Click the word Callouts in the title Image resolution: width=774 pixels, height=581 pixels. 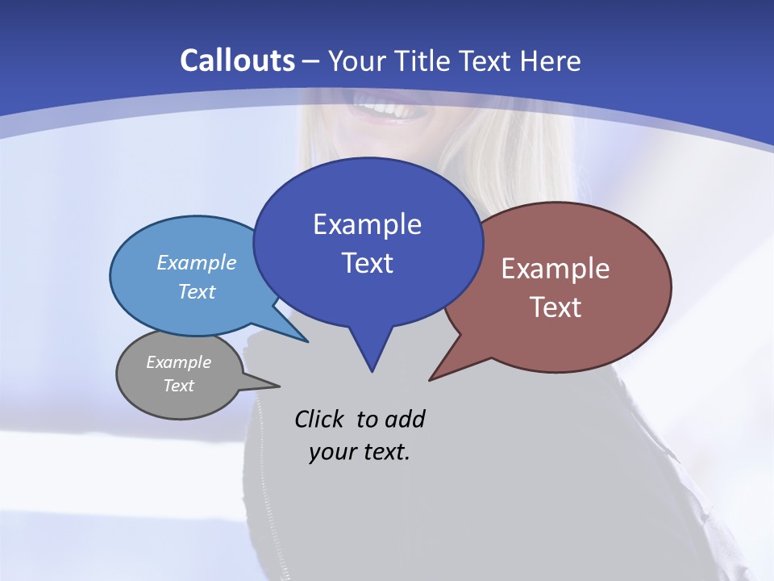pyautogui.click(x=237, y=61)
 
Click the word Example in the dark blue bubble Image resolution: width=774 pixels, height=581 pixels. pyautogui.click(x=367, y=224)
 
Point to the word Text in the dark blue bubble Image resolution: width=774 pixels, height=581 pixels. pyautogui.click(x=367, y=263)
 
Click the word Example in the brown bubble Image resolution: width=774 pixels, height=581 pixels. pyautogui.click(x=556, y=269)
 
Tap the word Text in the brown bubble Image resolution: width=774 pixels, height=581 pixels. pyautogui.click(x=556, y=307)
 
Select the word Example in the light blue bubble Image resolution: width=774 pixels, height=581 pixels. pyautogui.click(x=197, y=262)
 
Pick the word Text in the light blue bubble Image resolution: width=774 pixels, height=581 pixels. pyautogui.click(x=197, y=291)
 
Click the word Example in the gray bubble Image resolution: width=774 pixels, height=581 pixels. pyautogui.click(x=179, y=362)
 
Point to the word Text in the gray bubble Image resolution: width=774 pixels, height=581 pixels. pyautogui.click(x=179, y=386)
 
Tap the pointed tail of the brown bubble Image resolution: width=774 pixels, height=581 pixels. pyautogui.click(x=439, y=373)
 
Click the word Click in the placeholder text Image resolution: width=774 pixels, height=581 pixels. pyautogui.click(x=321, y=419)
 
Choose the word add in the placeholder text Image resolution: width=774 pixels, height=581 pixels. pyautogui.click(x=405, y=419)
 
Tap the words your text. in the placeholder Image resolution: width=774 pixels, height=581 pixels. pyautogui.click(x=360, y=452)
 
